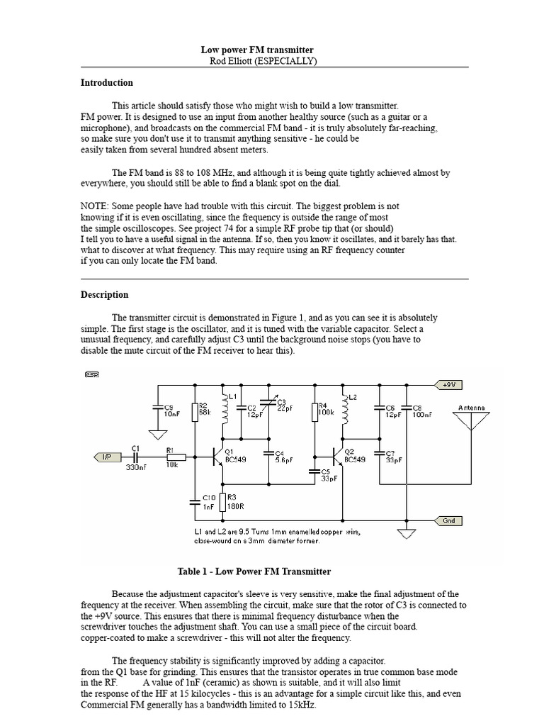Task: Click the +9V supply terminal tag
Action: (x=448, y=384)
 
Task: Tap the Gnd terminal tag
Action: (x=449, y=520)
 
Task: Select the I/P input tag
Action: (x=103, y=457)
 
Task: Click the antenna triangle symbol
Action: (x=472, y=422)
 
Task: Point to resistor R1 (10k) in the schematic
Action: (x=175, y=457)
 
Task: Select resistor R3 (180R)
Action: (x=223, y=502)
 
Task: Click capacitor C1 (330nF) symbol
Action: (x=135, y=457)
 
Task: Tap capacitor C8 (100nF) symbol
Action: (x=407, y=410)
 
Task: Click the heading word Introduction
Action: (x=106, y=83)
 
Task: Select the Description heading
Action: (x=104, y=295)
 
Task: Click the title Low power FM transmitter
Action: (x=257, y=50)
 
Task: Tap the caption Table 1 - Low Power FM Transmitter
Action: (x=253, y=571)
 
